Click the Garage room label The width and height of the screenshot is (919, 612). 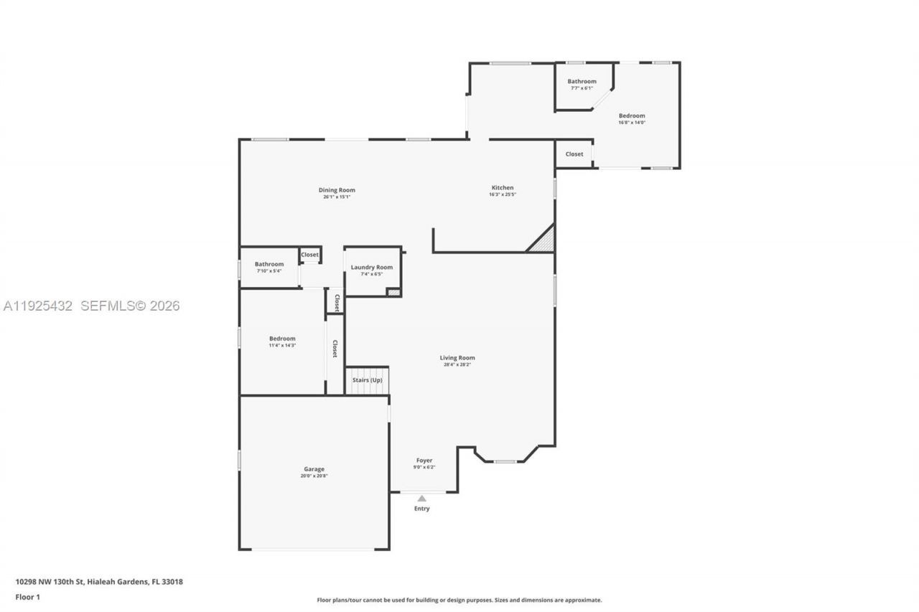(x=314, y=469)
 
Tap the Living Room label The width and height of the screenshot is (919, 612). (x=457, y=358)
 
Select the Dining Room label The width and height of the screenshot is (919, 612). (x=337, y=190)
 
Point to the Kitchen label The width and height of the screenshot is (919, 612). (x=503, y=188)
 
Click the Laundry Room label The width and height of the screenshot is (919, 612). (x=372, y=268)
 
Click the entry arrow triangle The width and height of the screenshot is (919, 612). (x=422, y=498)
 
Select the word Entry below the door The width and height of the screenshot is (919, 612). (x=422, y=509)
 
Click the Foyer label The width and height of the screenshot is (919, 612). (x=424, y=461)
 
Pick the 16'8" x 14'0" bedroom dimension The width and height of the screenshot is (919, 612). (x=632, y=123)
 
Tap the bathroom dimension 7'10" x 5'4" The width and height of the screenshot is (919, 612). (x=269, y=271)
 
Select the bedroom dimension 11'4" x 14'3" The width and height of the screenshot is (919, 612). (x=282, y=346)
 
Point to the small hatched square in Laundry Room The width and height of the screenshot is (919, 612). (x=393, y=292)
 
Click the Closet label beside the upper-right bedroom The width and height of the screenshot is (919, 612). (x=574, y=154)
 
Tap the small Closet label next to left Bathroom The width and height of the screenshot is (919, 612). (x=309, y=255)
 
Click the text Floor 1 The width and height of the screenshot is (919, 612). (x=28, y=597)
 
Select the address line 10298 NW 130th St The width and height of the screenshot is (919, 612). (x=99, y=582)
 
